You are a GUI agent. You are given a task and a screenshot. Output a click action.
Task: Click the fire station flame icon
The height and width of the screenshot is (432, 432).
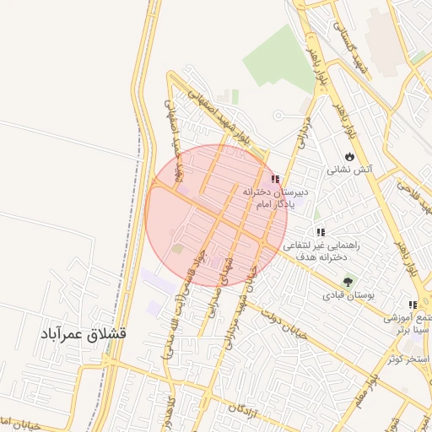coord(362,156)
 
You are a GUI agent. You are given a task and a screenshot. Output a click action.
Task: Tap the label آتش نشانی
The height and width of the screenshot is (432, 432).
coord(350,170)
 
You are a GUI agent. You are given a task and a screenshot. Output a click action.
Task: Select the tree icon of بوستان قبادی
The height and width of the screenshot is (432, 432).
coord(346,282)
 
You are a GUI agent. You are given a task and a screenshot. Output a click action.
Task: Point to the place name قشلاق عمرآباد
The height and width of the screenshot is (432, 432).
coord(84,334)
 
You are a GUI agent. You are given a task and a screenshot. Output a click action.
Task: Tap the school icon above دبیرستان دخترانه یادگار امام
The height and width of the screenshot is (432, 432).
coord(274,179)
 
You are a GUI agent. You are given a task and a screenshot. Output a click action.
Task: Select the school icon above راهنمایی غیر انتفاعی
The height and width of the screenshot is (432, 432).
coord(320,232)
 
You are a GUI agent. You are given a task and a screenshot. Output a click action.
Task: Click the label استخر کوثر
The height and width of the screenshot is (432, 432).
coord(408,359)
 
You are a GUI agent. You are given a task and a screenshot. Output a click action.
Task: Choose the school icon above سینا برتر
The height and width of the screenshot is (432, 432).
coord(412,305)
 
